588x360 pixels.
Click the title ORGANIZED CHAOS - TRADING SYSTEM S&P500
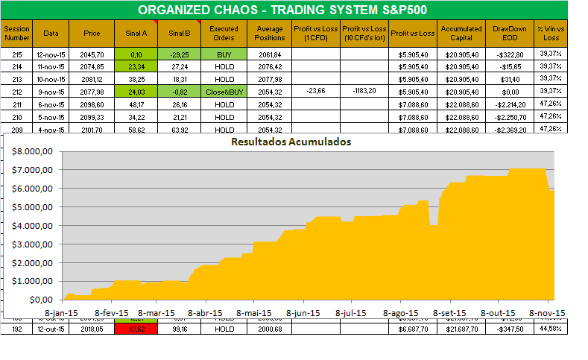click(294, 10)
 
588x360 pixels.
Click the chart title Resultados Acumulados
click(291, 140)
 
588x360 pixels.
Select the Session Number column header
click(17, 33)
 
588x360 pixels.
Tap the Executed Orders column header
click(224, 33)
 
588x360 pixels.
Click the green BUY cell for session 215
click(224, 54)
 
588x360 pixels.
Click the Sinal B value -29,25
click(180, 54)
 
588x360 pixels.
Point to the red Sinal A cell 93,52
click(136, 329)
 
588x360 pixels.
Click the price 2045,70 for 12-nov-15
click(92, 54)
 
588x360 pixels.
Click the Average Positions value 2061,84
click(269, 54)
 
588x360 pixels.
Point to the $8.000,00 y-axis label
click(33, 151)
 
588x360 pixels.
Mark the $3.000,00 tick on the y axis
click(33, 244)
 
